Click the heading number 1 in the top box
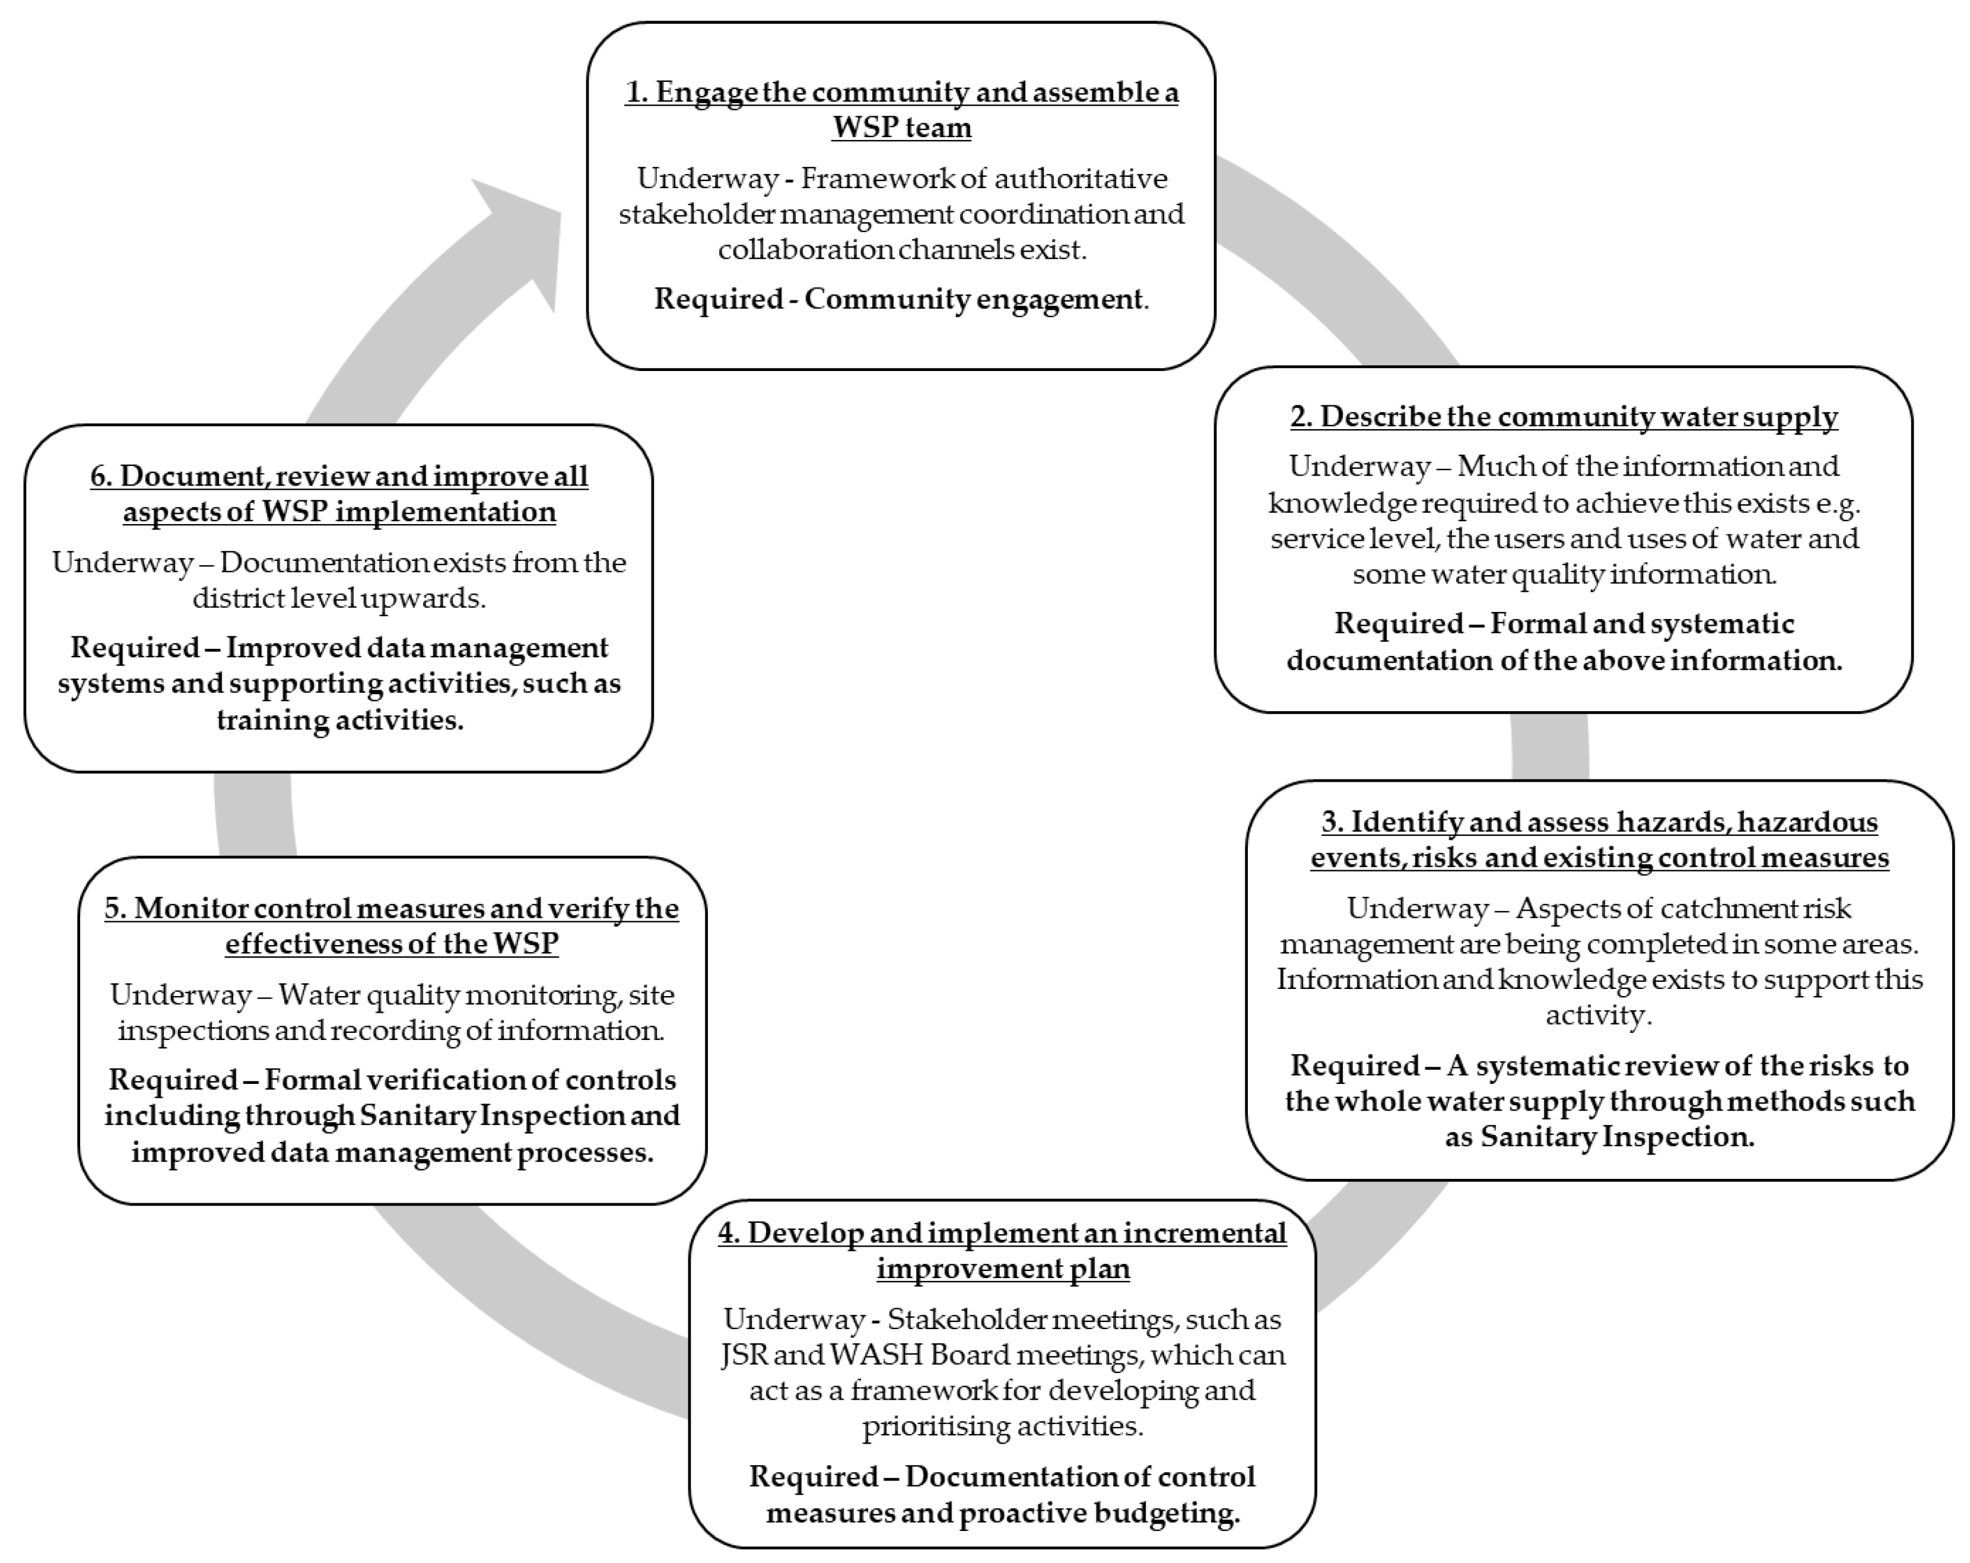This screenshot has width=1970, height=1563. click(x=634, y=93)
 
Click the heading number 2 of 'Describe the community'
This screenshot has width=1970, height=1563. click(x=1298, y=417)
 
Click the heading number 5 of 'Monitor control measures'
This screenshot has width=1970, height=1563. click(x=114, y=909)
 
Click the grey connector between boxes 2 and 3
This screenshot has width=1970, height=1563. click(x=1550, y=747)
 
